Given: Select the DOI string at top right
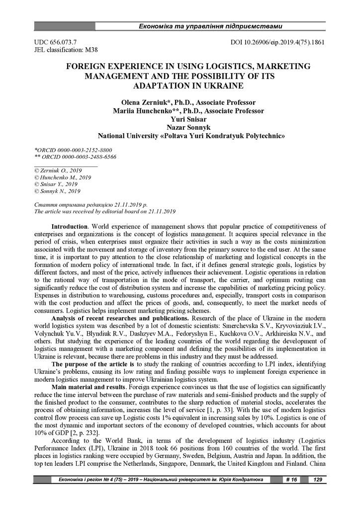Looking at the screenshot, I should coord(278,42).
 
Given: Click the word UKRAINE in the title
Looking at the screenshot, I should coord(206,85).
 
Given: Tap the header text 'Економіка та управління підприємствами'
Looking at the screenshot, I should coord(211,25).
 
